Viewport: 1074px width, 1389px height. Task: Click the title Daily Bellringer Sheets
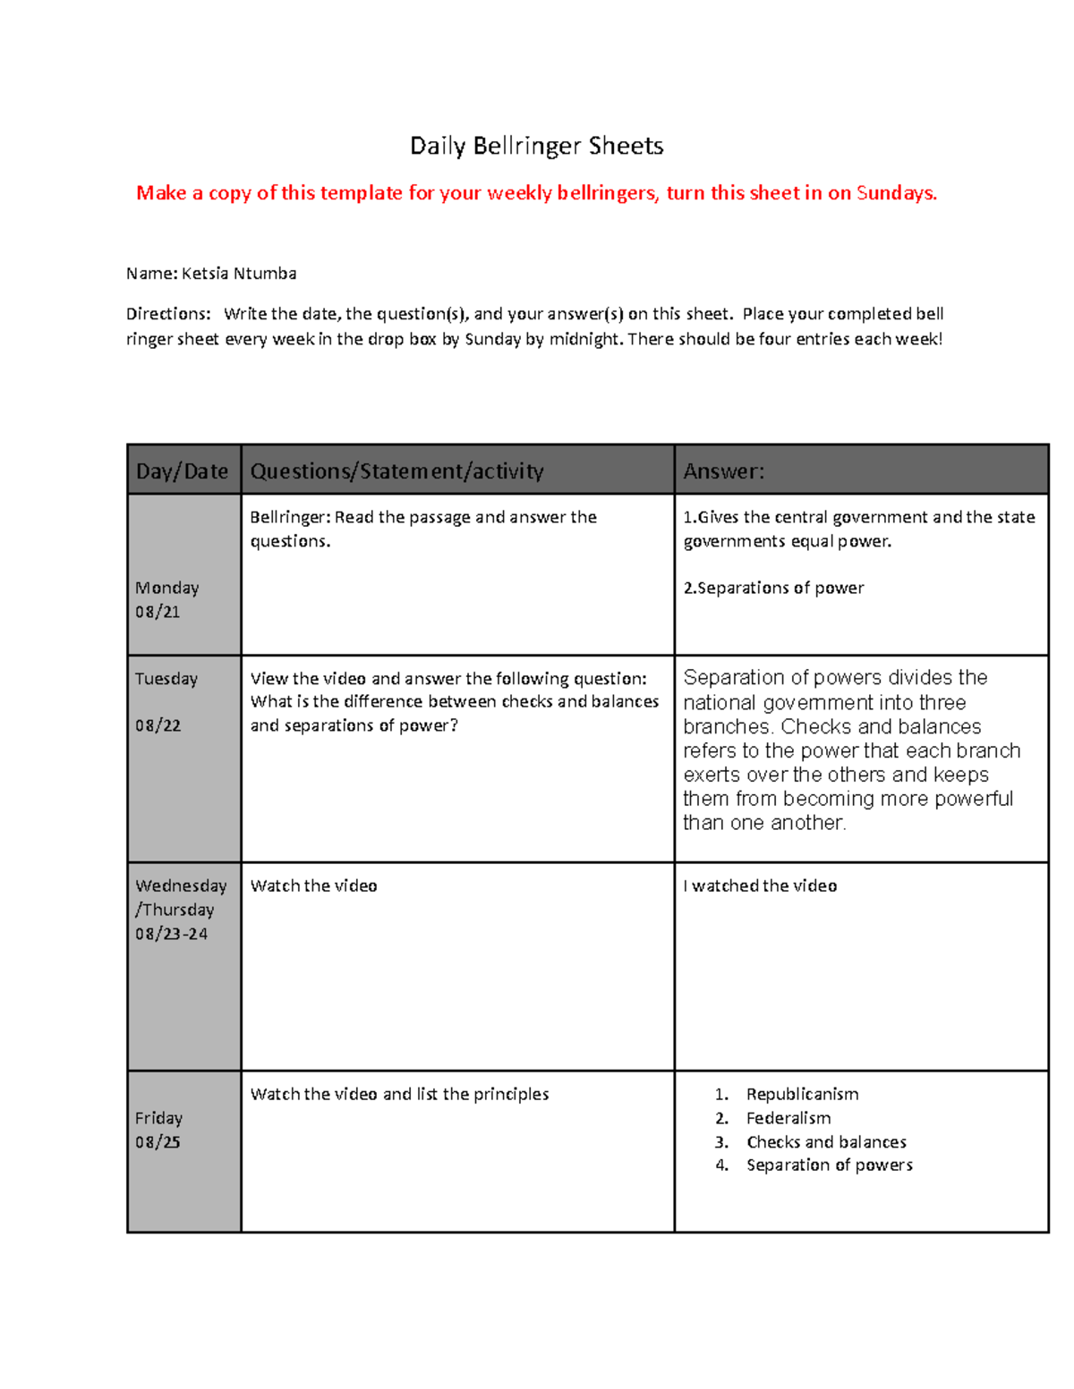pos(536,146)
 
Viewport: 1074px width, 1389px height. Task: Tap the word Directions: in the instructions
pos(168,314)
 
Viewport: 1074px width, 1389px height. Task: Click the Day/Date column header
pos(183,471)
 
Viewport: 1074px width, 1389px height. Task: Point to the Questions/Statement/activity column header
pos(396,471)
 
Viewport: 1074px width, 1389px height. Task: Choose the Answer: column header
pos(724,471)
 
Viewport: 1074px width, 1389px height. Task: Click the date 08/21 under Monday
pos(158,612)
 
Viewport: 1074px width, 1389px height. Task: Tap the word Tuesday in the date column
pos(166,679)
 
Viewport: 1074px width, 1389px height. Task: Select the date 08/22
pos(158,725)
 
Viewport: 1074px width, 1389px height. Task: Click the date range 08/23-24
pos(172,934)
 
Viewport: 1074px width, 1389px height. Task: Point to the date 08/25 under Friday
pos(158,1142)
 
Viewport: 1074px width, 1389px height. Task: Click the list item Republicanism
pos(802,1094)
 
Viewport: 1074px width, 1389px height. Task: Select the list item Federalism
pos(788,1118)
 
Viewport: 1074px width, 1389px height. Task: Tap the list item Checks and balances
pos(826,1142)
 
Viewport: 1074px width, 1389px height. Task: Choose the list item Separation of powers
pos(830,1165)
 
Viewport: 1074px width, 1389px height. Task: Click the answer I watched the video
pos(760,885)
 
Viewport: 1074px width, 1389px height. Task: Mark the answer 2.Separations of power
pos(773,588)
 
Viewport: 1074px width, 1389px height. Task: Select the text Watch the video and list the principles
pos(399,1094)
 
